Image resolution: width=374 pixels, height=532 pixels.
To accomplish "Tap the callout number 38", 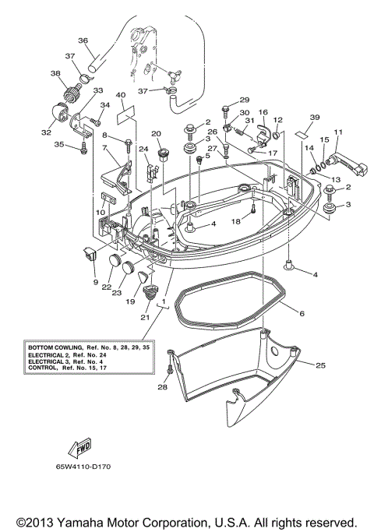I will click(x=55, y=73).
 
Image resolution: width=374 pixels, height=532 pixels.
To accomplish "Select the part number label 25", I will click(x=320, y=364).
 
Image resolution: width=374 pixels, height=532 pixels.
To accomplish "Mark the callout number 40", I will click(x=121, y=95).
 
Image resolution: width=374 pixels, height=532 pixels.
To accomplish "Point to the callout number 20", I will click(x=156, y=133).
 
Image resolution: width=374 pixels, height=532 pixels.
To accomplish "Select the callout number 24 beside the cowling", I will click(x=143, y=149).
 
